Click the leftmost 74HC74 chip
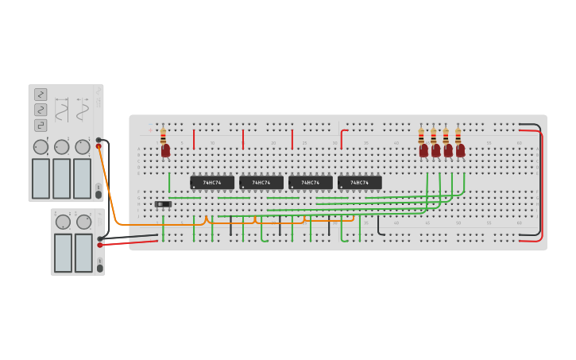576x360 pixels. [x=212, y=183]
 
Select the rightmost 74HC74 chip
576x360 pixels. [x=360, y=183]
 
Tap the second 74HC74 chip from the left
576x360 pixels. [x=261, y=183]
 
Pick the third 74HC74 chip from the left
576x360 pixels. [x=311, y=183]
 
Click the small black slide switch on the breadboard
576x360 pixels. [x=163, y=204]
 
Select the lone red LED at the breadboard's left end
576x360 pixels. [x=165, y=150]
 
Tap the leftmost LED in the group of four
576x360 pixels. [x=423, y=150]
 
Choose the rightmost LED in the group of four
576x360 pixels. [x=460, y=150]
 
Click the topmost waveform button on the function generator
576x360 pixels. [x=41, y=95]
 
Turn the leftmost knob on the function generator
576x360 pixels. [x=41, y=147]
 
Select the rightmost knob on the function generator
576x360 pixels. [x=83, y=147]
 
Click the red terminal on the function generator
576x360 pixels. [x=99, y=146]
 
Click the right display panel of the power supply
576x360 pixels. [x=83, y=252]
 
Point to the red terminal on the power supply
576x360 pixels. [x=100, y=246]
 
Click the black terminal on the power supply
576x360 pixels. [x=100, y=238]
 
